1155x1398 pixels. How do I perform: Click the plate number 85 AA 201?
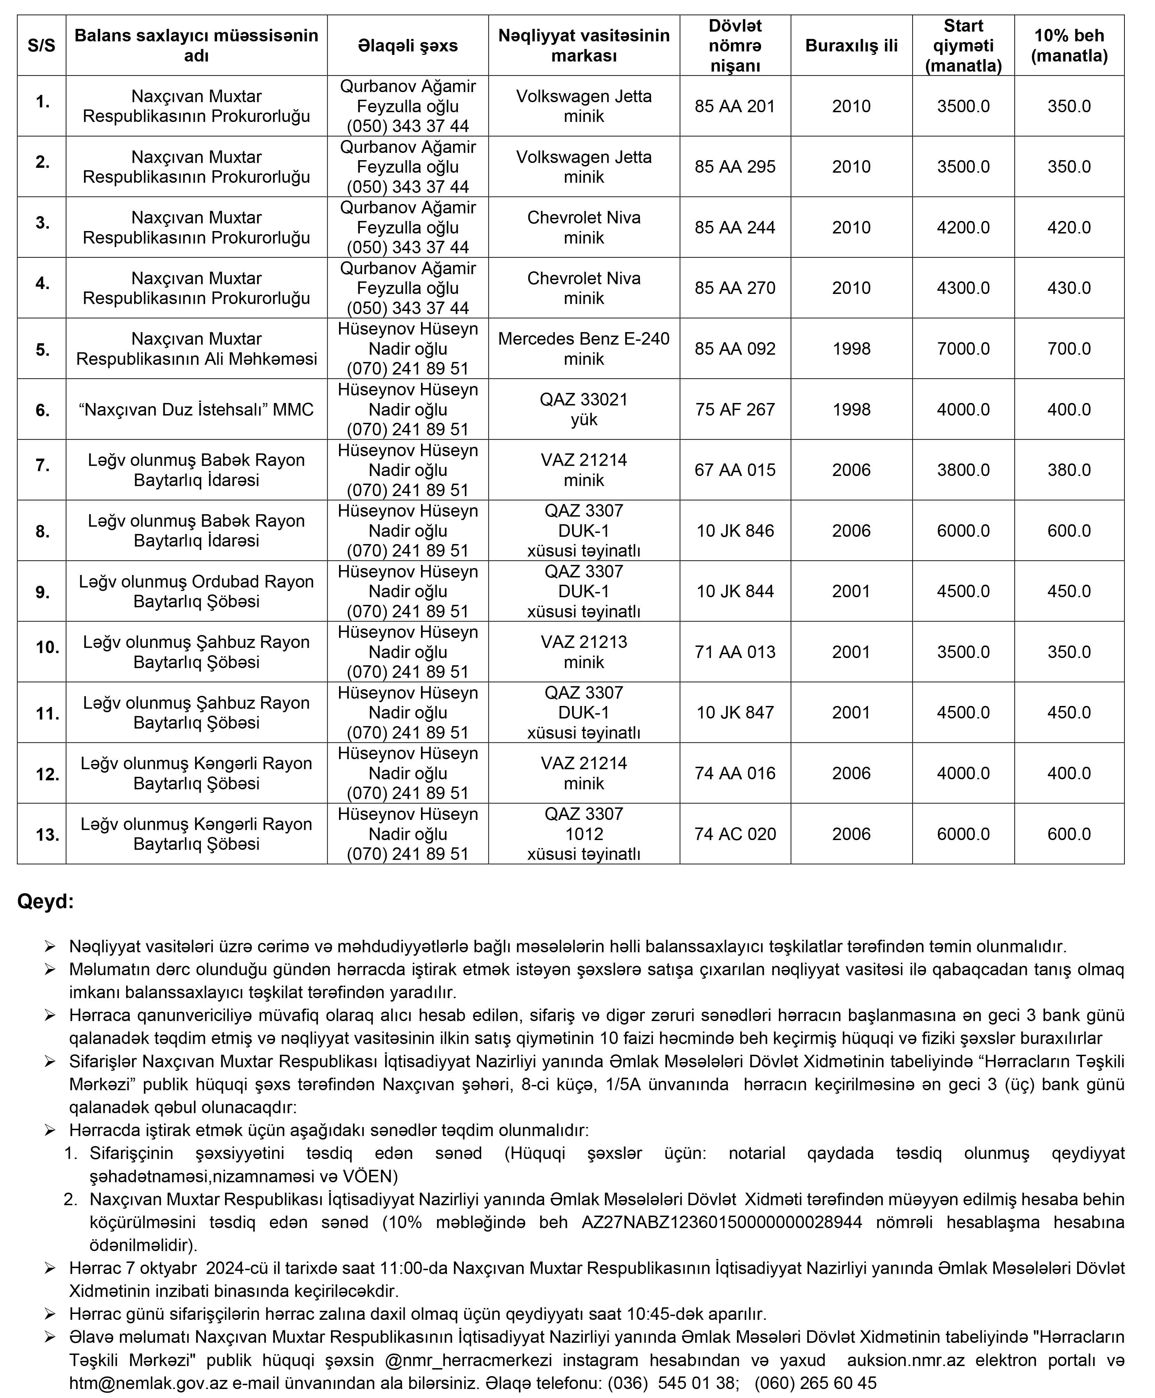(x=735, y=106)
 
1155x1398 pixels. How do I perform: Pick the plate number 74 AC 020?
(x=735, y=834)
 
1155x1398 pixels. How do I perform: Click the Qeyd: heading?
(x=45, y=902)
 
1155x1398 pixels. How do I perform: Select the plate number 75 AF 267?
(x=735, y=409)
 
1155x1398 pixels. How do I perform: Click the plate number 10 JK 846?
(x=735, y=531)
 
